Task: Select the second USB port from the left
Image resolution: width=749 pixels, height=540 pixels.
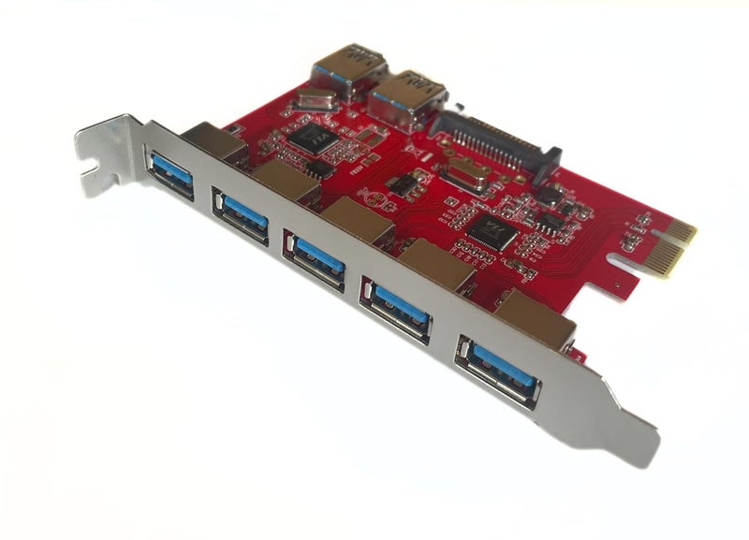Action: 241,215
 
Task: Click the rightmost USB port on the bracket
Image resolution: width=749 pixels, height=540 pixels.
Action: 500,365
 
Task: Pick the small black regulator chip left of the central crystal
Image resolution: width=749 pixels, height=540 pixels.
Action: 404,183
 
